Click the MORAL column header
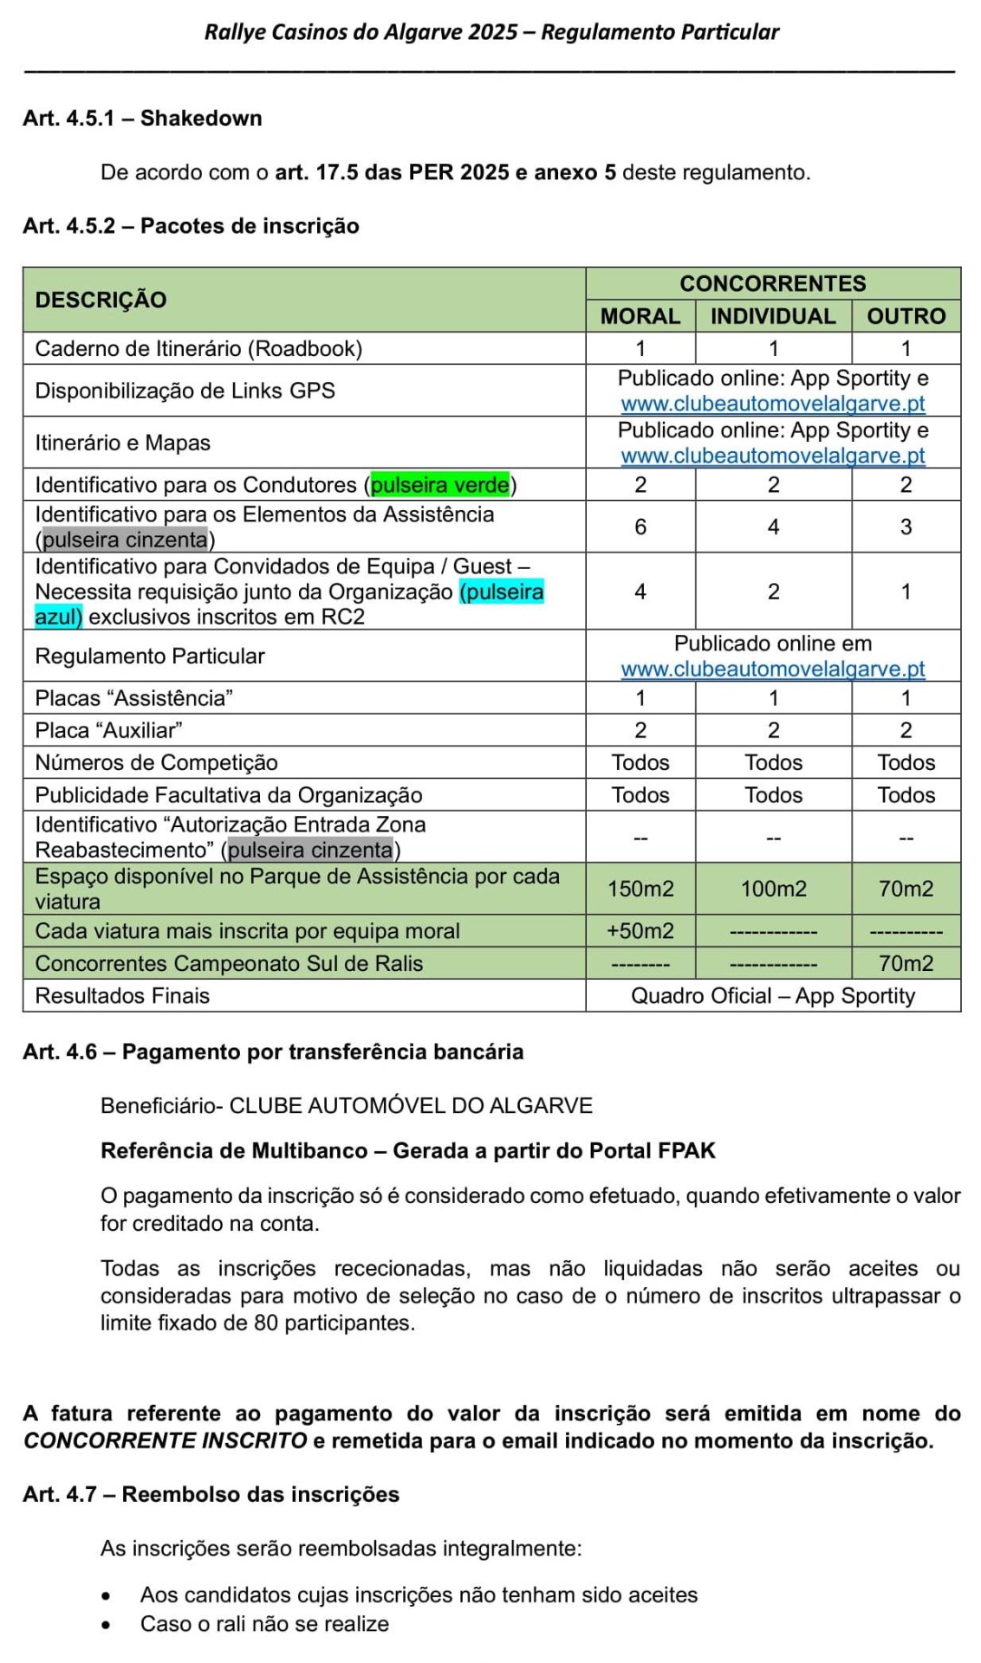tap(640, 316)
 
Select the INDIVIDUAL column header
tap(773, 316)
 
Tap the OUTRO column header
tap(906, 316)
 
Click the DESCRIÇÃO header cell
tap(101, 300)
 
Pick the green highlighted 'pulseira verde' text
tap(440, 485)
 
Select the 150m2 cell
tap(640, 889)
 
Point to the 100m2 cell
tap(773, 889)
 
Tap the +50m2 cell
tap(640, 931)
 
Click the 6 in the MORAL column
tap(640, 527)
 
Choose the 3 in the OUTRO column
tap(906, 527)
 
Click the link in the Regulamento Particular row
tap(773, 670)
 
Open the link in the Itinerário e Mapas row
tap(773, 456)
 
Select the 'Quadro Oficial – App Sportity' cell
tap(773, 996)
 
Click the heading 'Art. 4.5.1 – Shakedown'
tap(142, 118)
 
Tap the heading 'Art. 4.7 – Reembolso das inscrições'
tap(211, 1494)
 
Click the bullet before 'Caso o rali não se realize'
tap(106, 1625)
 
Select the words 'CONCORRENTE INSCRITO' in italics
tap(165, 1440)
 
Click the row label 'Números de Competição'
tap(156, 763)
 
